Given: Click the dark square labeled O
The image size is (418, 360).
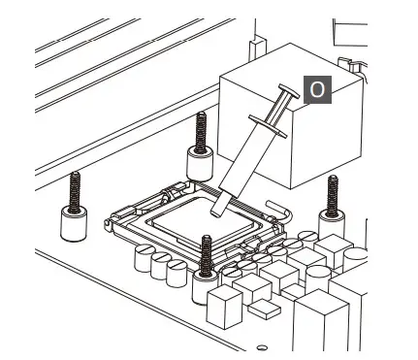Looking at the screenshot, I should (x=317, y=89).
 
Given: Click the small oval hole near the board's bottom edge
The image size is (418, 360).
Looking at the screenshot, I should (x=259, y=347).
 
